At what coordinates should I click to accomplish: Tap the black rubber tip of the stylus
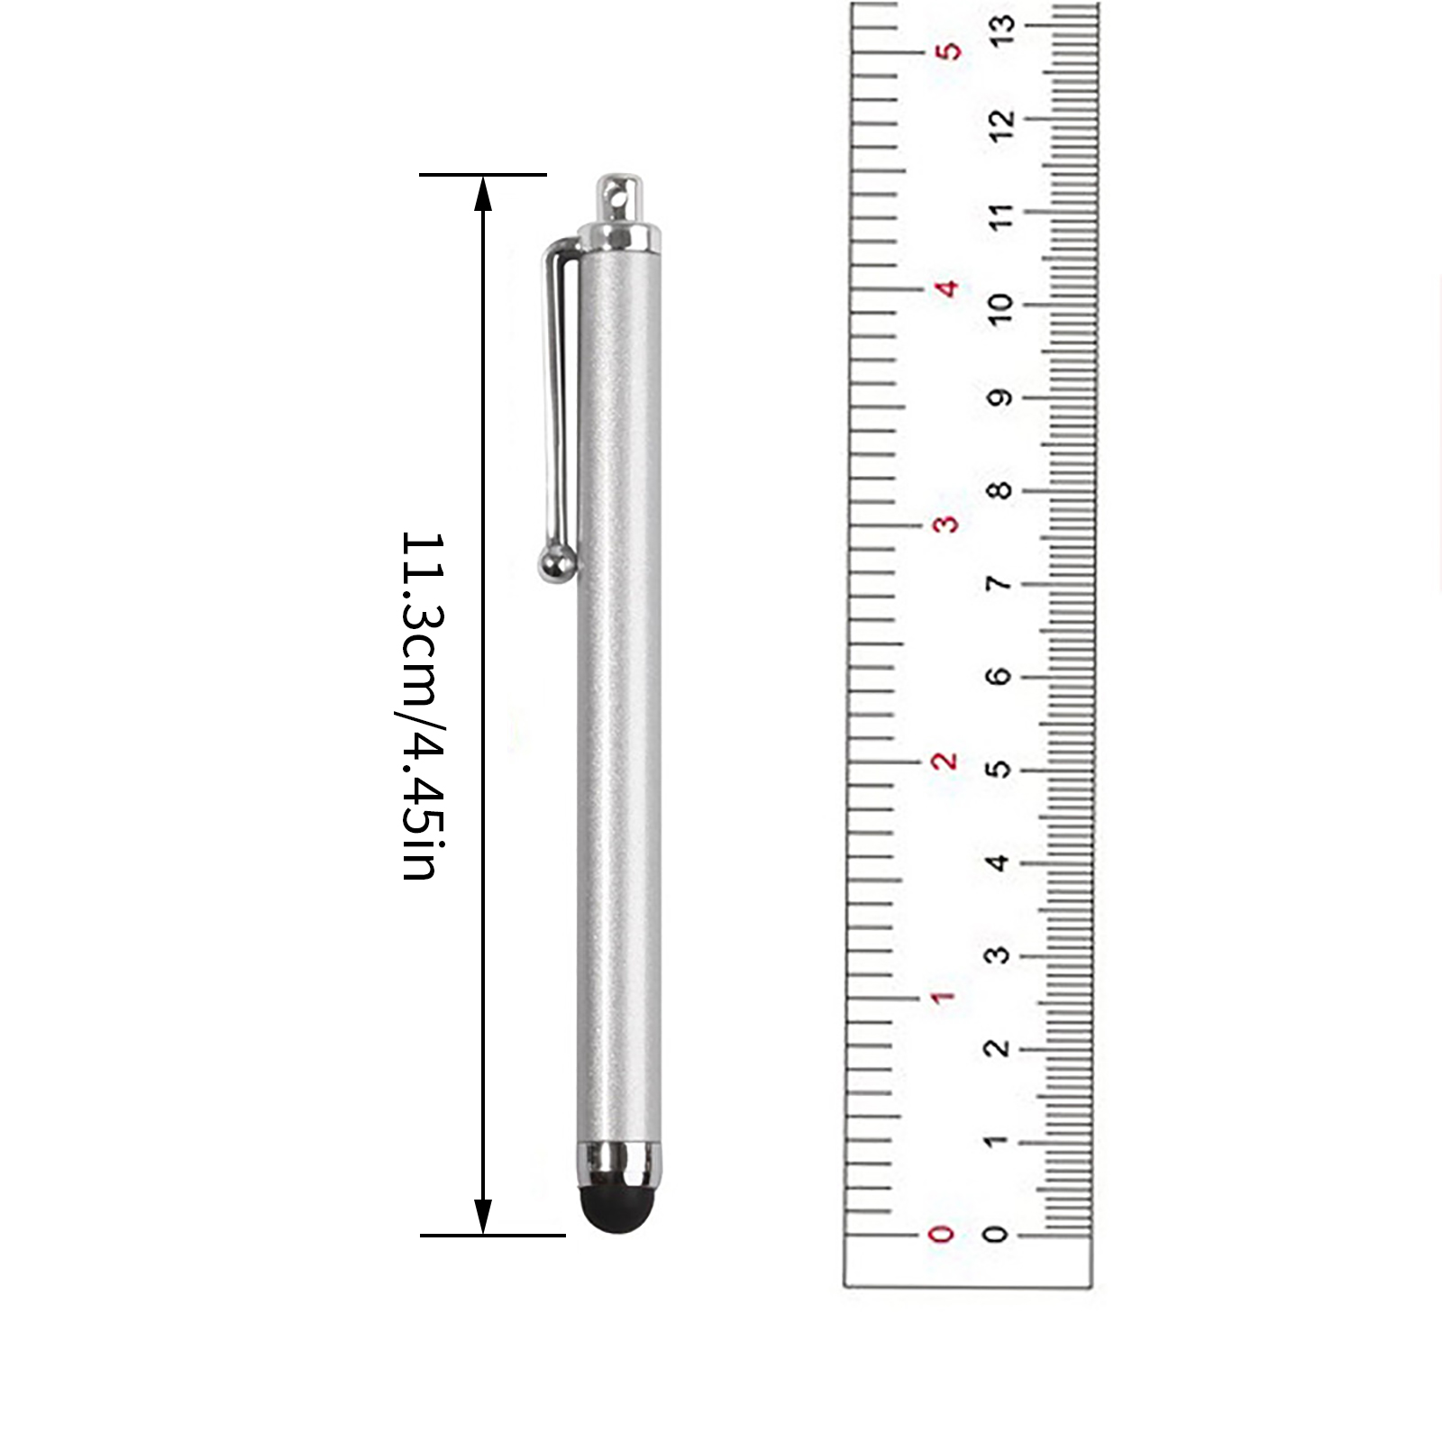click(x=617, y=1209)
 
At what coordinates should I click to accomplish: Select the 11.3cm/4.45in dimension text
click(x=422, y=706)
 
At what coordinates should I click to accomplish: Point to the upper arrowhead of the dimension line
click(x=483, y=193)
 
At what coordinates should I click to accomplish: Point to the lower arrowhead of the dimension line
click(x=483, y=1217)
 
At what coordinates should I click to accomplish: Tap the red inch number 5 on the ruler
click(x=948, y=50)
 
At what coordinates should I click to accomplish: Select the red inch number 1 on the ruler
click(x=942, y=998)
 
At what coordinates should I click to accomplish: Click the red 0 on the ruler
click(x=941, y=1234)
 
